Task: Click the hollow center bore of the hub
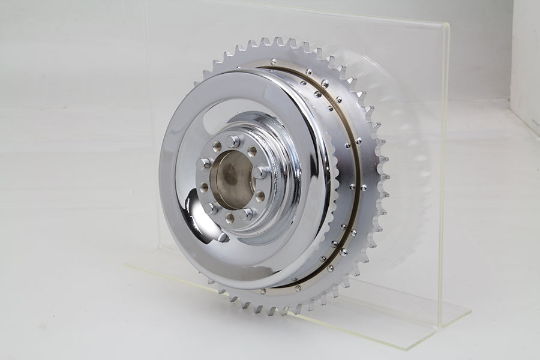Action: click(231, 179)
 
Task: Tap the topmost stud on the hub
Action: click(233, 142)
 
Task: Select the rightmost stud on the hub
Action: click(260, 173)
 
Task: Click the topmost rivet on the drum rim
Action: click(274, 62)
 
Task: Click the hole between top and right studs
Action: click(253, 151)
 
